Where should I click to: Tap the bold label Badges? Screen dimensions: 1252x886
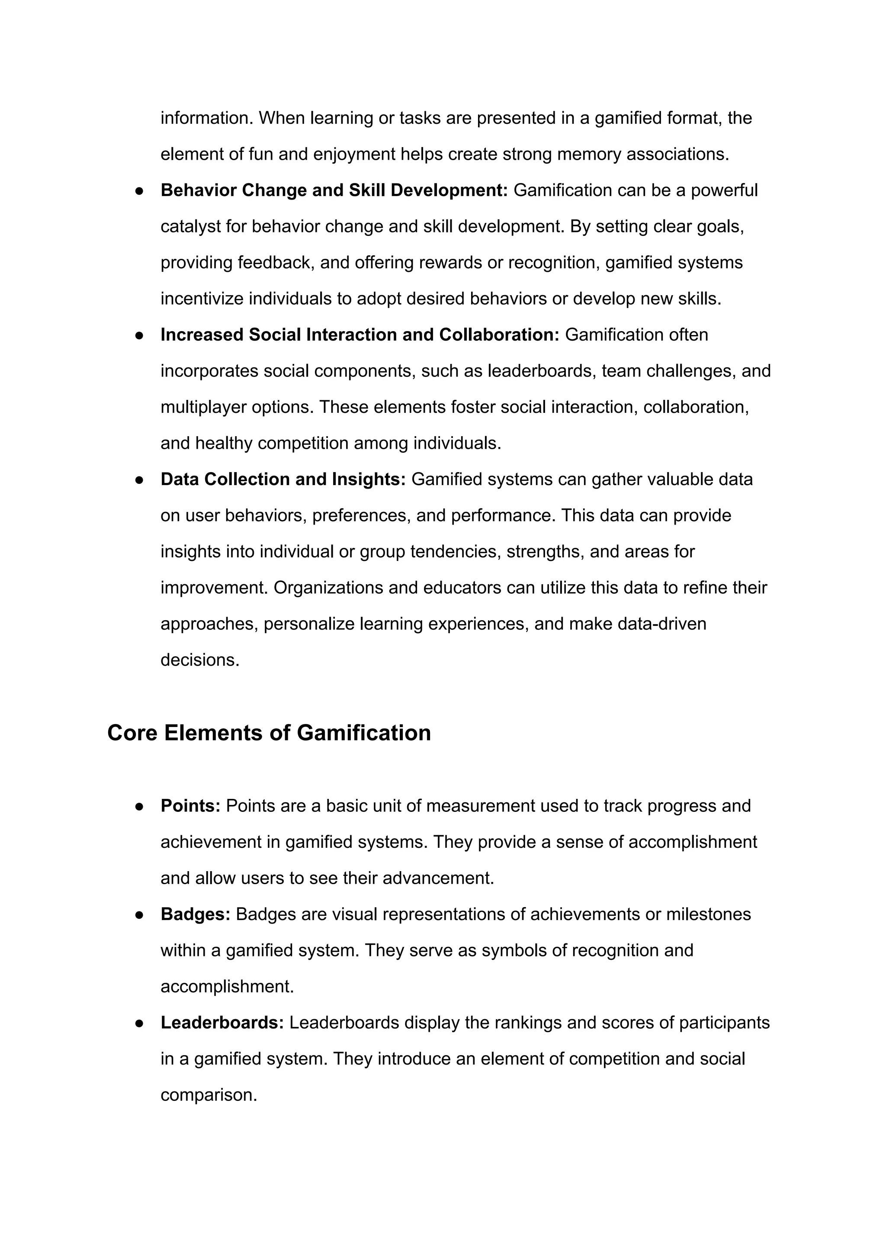pyautogui.click(x=195, y=914)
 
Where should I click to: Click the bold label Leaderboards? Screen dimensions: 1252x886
pyautogui.click(x=222, y=1022)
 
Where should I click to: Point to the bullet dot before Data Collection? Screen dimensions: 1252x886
pyautogui.click(x=139, y=480)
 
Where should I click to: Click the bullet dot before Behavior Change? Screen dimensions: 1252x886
pyautogui.click(x=139, y=190)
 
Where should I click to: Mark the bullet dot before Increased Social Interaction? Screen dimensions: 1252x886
pyautogui.click(x=139, y=335)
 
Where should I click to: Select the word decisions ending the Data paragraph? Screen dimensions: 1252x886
pyautogui.click(x=200, y=660)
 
